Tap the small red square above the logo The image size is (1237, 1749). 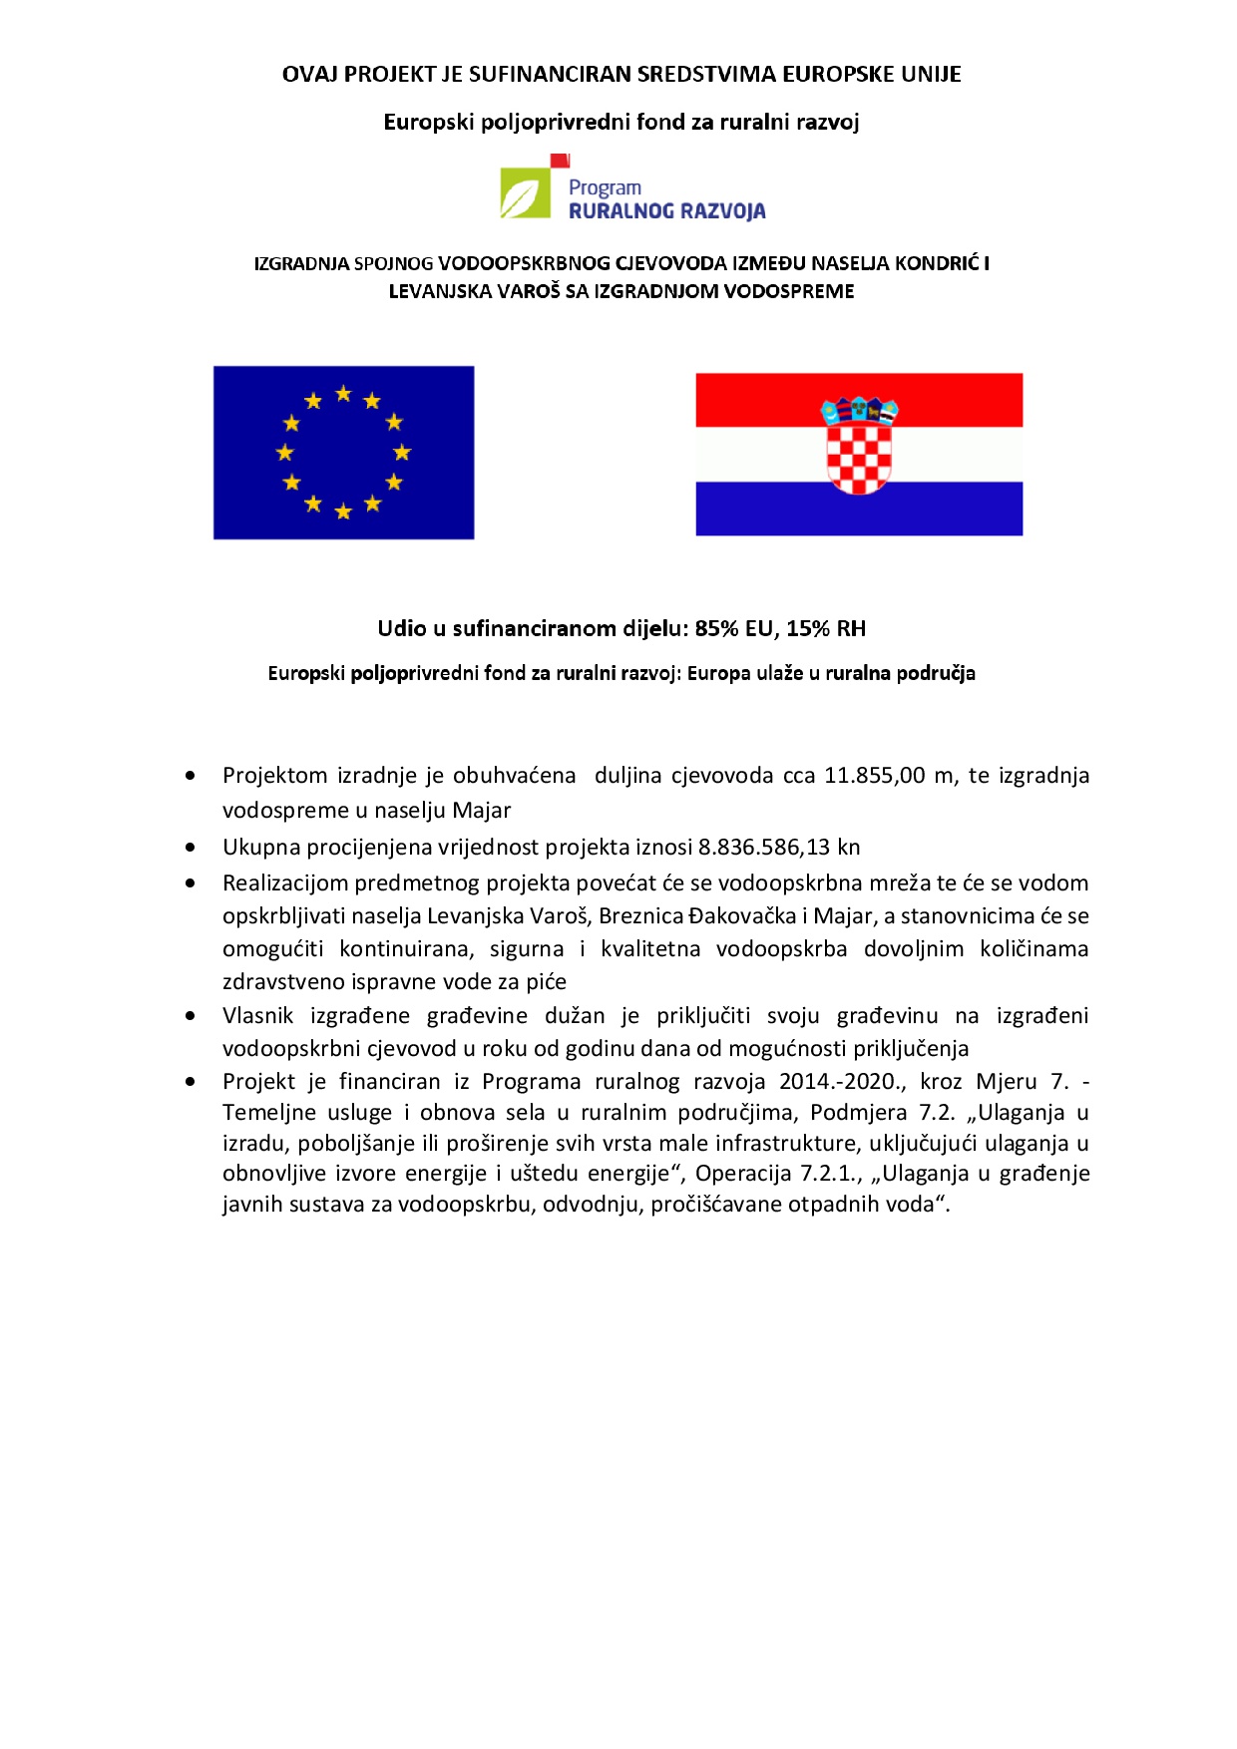[x=561, y=160]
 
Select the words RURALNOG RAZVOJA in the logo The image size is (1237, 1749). [x=666, y=211]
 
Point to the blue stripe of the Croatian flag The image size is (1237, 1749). [x=859, y=510]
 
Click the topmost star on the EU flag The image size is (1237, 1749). [x=343, y=394]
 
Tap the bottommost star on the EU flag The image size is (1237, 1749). [x=343, y=512]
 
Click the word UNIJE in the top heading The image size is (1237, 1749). [x=930, y=75]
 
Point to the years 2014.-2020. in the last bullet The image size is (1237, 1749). [x=842, y=1082]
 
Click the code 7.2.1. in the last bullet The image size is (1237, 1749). [x=831, y=1174]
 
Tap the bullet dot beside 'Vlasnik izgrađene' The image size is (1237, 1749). [x=191, y=1016]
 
